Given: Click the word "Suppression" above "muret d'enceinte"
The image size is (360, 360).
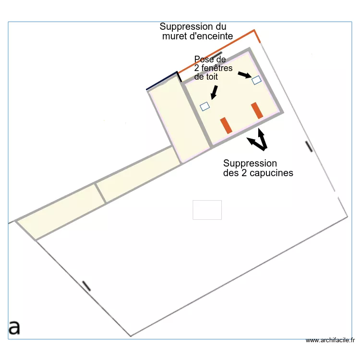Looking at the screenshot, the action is pos(193,27).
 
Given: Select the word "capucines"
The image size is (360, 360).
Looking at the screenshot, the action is pos(271,173).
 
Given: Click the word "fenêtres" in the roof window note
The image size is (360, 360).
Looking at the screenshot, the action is pos(217,68).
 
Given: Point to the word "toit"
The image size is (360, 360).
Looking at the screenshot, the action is pos(212,77).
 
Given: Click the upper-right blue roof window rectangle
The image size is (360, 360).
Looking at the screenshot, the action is pos(256,80).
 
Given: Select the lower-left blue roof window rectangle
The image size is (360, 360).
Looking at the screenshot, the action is pos(205,106).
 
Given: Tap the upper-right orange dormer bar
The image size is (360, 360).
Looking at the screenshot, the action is pos(257,110).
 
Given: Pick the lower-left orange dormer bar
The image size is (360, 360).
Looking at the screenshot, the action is pos(226,125).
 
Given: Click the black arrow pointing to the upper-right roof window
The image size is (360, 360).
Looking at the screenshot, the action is pos(245,75).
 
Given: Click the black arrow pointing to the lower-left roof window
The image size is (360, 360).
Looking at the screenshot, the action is pos(214,93).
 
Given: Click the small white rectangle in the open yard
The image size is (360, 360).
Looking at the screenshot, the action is pos(207,210).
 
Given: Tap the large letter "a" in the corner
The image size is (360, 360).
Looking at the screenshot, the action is pos(14,327).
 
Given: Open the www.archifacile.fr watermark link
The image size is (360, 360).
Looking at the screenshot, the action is pos(330,340).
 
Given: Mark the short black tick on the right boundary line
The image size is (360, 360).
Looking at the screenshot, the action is pos(309,146).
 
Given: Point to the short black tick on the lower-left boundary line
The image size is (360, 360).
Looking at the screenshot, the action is pos(86,286).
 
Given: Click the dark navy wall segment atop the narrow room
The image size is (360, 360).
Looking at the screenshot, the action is pos(162,81).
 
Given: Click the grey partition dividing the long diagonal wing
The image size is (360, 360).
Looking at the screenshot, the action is pos(100,193).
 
